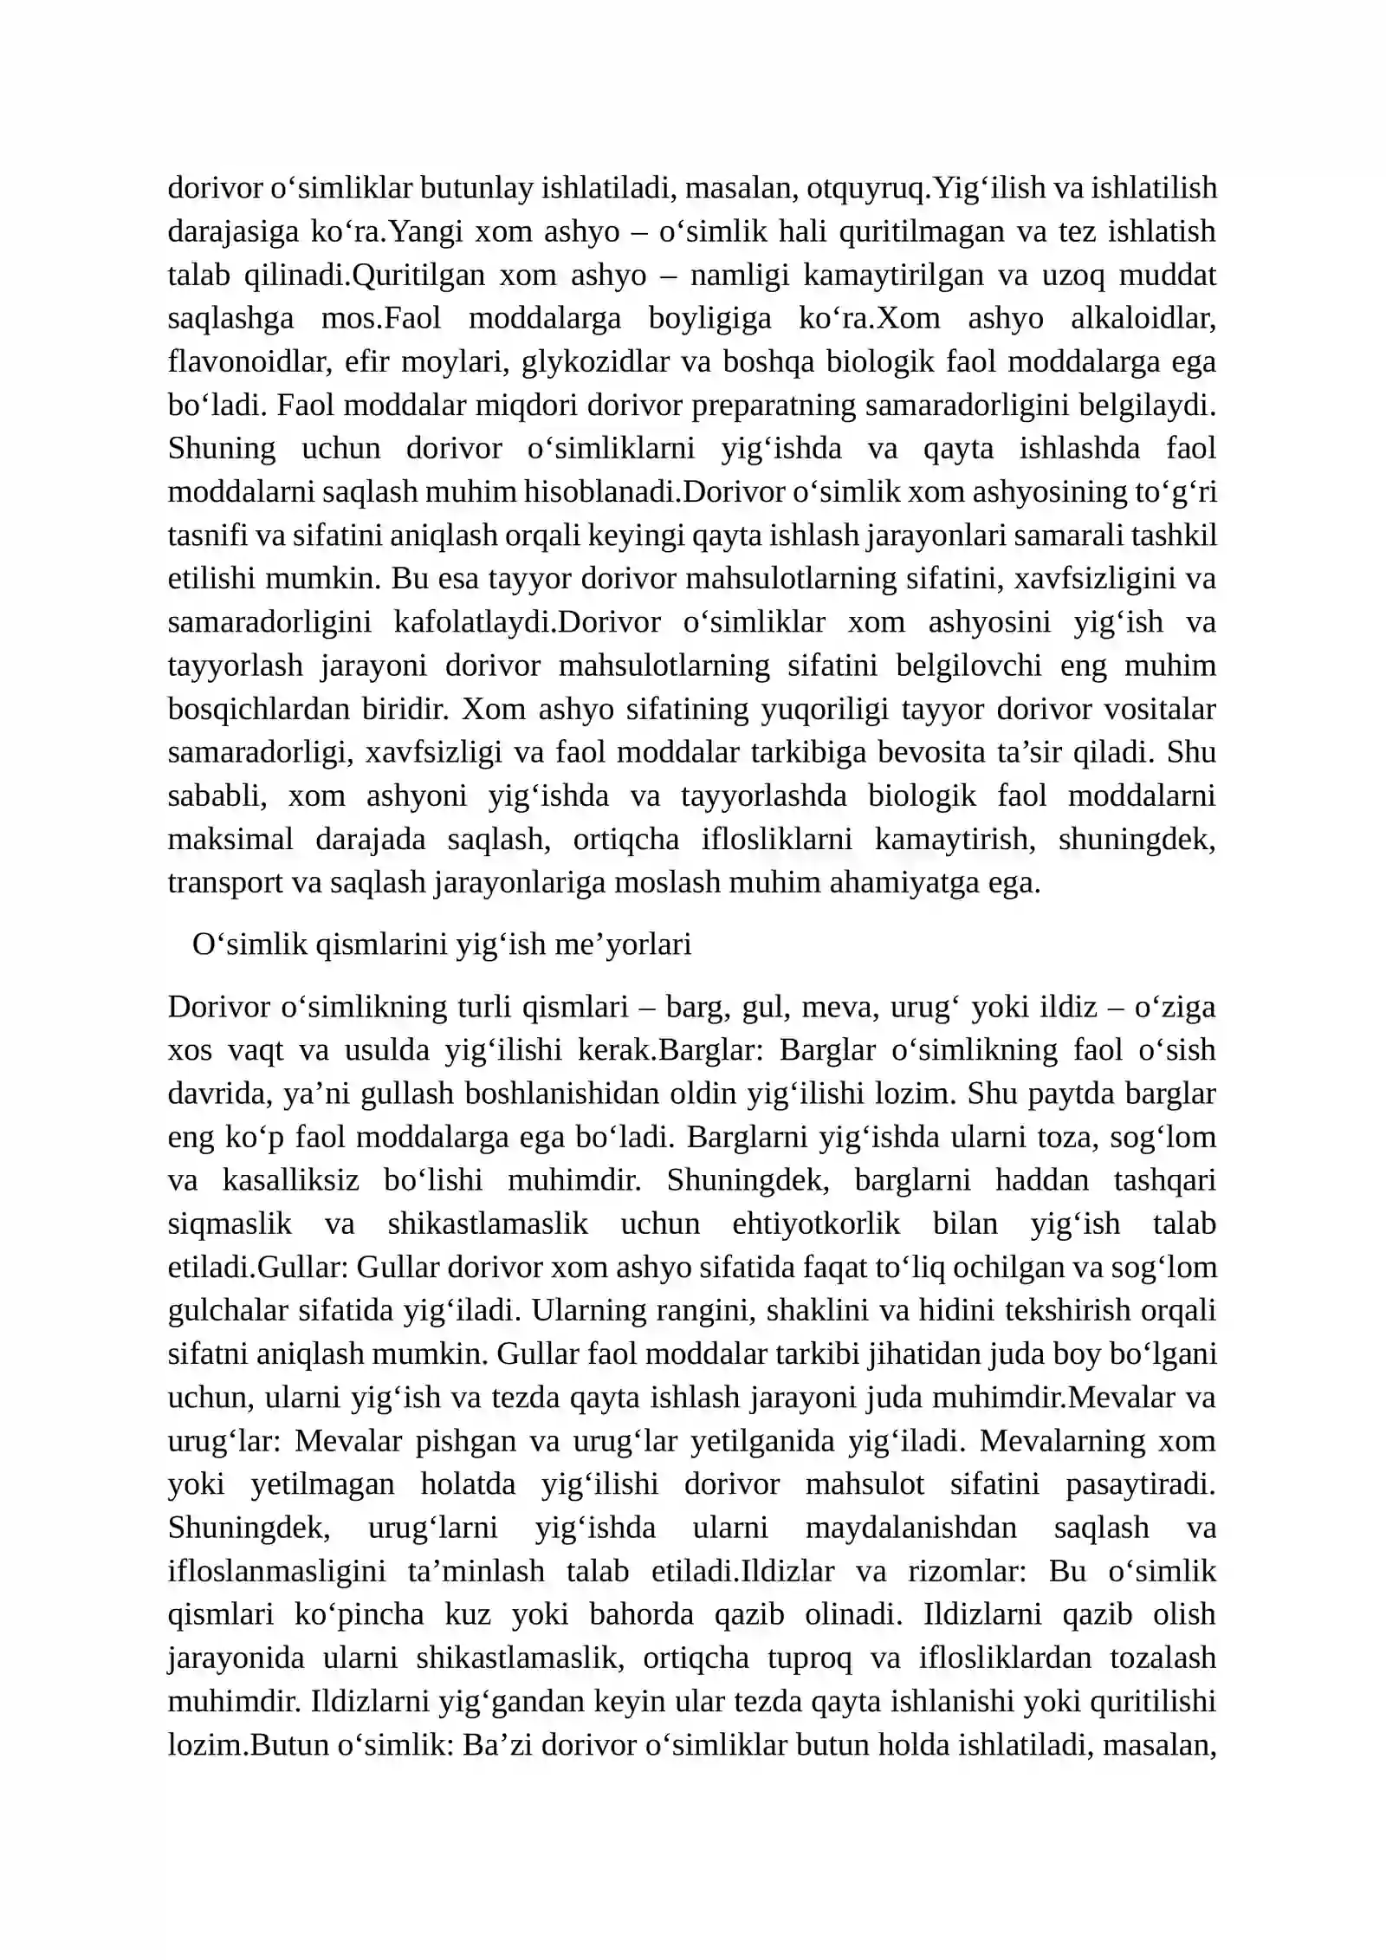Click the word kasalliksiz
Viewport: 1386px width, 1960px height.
pos(288,1180)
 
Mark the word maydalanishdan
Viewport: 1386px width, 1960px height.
pos(910,1527)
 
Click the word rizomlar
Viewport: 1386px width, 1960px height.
pos(970,1571)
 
